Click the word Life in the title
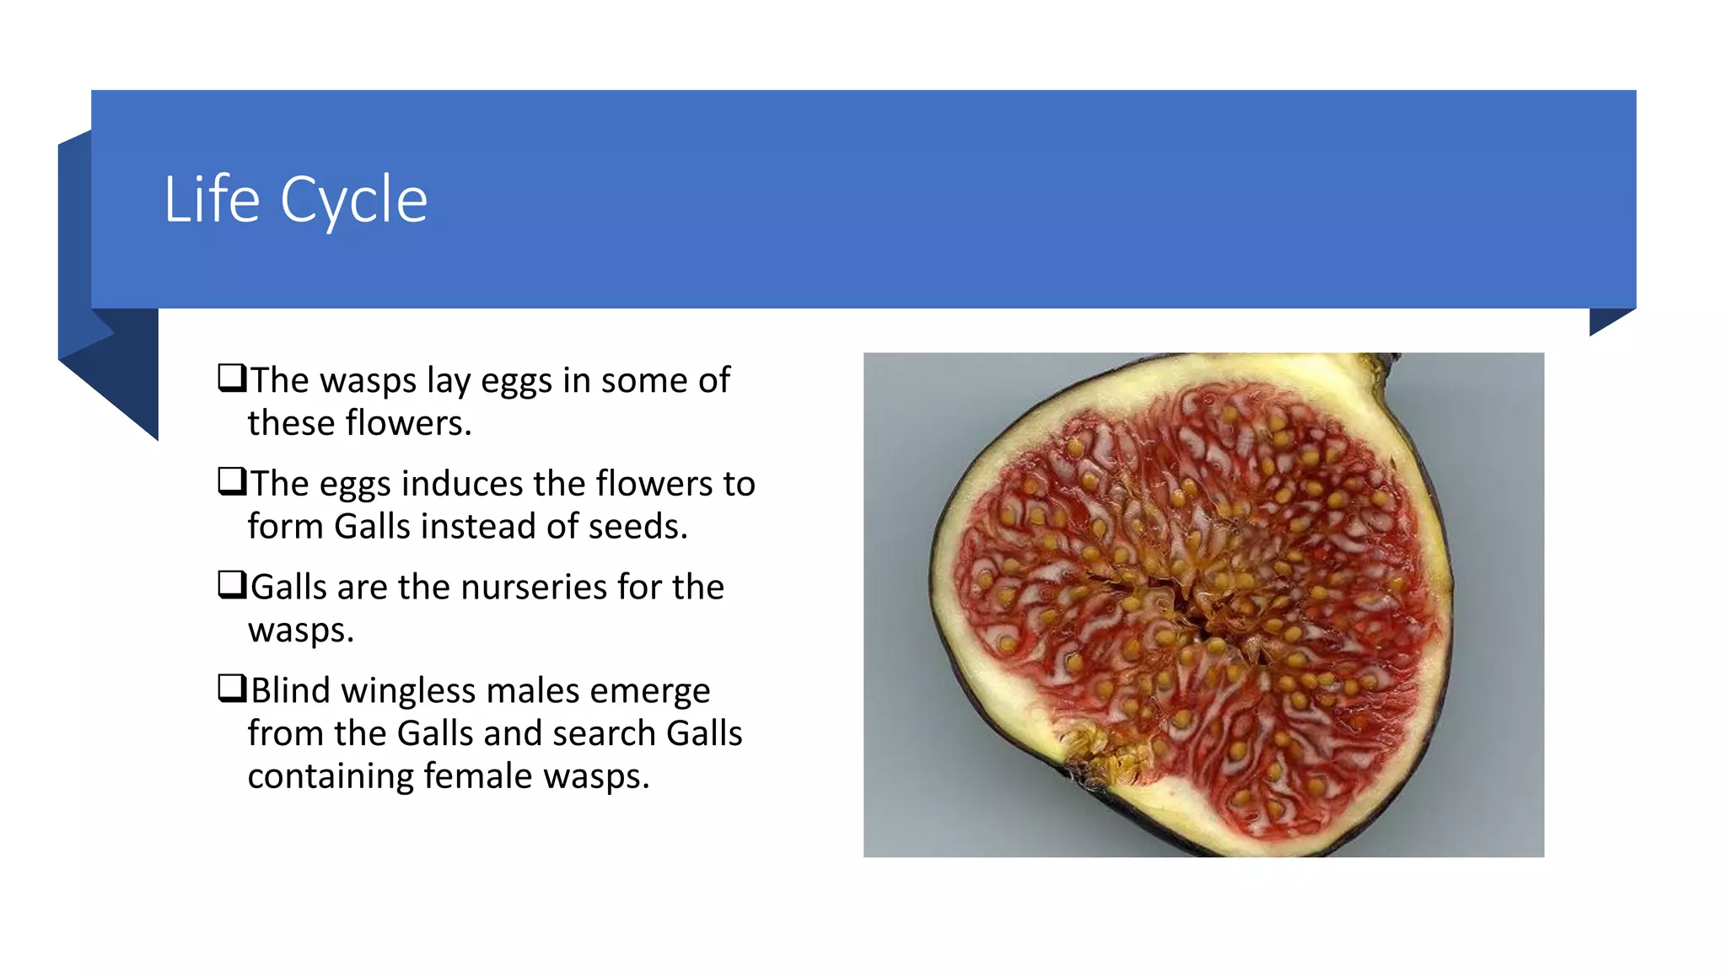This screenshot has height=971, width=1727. click(212, 200)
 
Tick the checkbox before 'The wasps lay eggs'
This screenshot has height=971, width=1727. click(232, 378)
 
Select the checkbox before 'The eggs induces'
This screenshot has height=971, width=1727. click(232, 481)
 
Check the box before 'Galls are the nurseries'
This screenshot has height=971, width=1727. click(232, 584)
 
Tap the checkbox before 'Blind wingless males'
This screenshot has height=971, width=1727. click(232, 688)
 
